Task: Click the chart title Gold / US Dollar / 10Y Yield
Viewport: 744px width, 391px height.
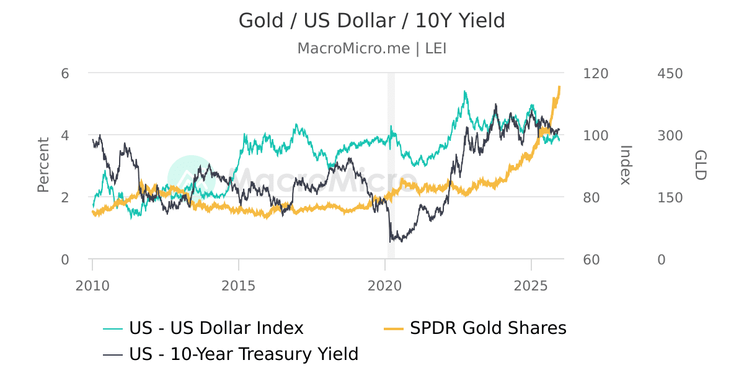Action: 372,20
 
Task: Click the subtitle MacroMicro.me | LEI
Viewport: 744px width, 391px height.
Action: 372,48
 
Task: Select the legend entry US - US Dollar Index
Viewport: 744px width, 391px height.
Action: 216,328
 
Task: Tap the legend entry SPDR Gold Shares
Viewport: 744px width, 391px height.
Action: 488,328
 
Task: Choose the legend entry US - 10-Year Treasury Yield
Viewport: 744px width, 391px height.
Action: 244,354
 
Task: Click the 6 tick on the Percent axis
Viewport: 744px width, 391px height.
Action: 65,73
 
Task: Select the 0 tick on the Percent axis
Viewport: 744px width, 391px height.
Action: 65,259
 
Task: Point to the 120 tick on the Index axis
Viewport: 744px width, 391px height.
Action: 596,73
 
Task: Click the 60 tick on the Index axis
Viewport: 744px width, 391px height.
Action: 591,259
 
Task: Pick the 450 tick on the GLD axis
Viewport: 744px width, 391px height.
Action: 670,73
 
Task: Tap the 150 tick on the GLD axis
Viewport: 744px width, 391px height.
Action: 670,197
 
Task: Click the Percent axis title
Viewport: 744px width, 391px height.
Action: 43,165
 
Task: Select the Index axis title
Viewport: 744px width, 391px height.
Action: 625,165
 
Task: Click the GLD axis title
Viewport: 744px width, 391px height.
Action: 699,165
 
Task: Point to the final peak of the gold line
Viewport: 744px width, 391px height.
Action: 559,87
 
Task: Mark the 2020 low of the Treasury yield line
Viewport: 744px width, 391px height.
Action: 390,241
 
